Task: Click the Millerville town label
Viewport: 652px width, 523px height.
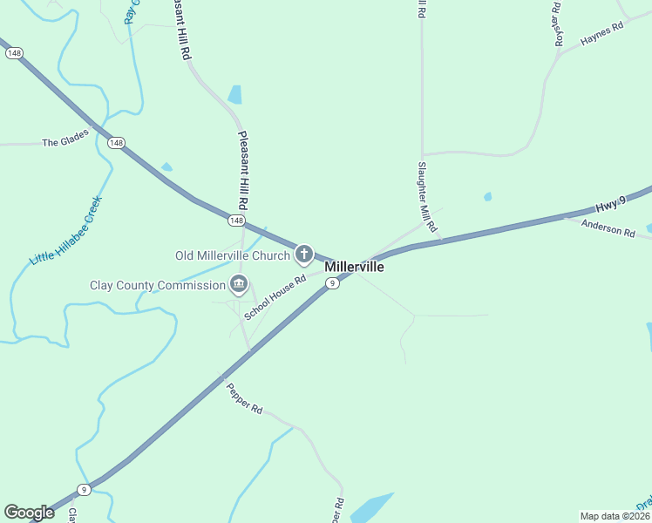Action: [354, 267]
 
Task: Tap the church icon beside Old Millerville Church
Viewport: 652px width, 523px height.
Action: [303, 255]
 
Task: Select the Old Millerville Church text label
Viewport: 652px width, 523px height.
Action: [232, 255]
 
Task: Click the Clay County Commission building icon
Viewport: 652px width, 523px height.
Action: [238, 284]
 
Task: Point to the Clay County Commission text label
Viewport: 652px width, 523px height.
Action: [158, 285]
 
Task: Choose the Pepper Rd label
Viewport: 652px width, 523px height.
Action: [244, 397]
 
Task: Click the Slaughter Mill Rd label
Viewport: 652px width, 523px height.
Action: [425, 196]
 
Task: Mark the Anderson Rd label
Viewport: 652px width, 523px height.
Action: [608, 228]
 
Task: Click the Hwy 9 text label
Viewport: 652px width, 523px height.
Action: [610, 205]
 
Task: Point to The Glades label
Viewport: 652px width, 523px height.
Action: [65, 142]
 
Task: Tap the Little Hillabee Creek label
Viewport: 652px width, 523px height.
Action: [66, 231]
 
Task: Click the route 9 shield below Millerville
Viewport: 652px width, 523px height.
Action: [332, 283]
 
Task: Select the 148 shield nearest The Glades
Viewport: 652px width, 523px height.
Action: [117, 142]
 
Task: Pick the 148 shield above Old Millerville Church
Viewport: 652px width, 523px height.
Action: [236, 221]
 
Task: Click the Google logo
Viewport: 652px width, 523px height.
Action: [29, 513]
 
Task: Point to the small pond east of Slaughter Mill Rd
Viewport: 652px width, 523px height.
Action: [487, 197]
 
